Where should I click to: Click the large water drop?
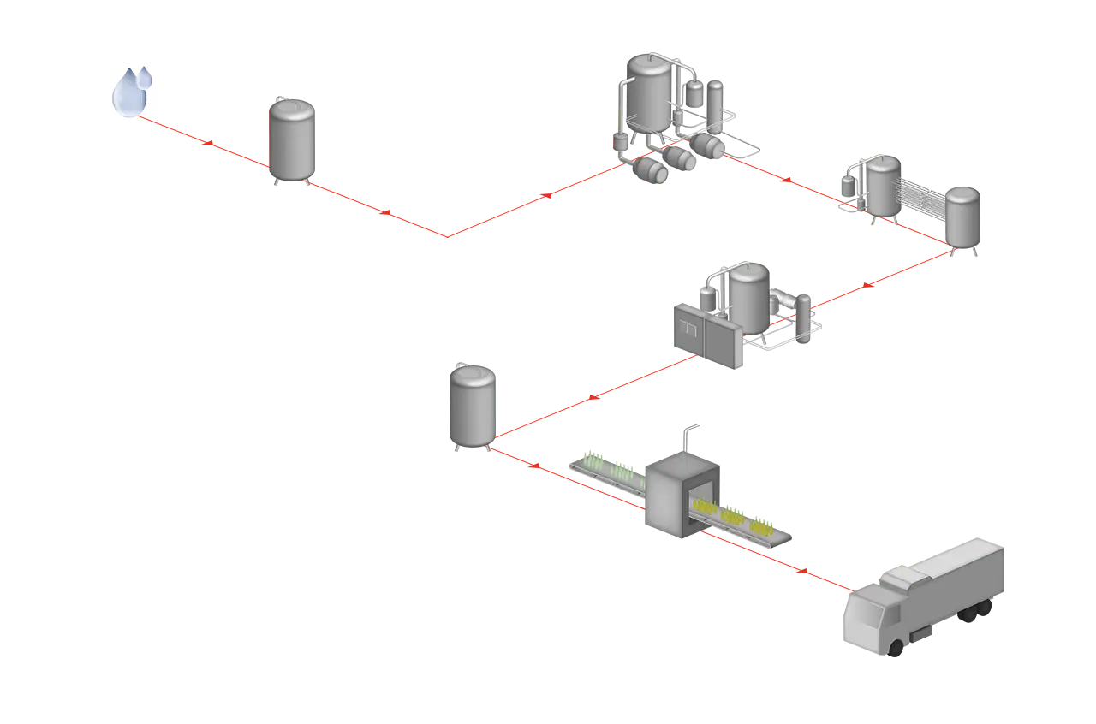(129, 92)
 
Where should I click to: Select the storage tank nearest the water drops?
(292, 141)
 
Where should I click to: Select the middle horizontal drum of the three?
(682, 157)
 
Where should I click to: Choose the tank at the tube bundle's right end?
(964, 217)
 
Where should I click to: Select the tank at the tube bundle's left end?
(882, 184)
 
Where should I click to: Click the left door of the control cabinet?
(688, 335)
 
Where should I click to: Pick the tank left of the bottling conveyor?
(471, 406)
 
